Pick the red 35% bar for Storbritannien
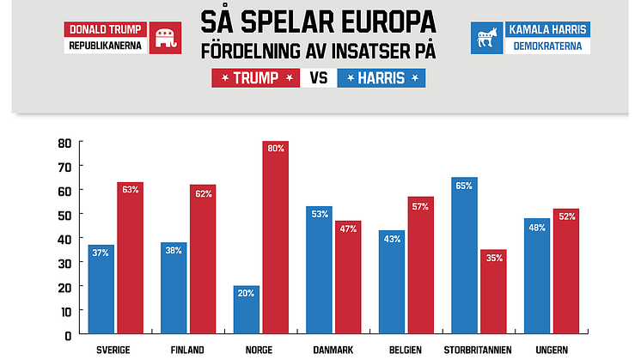pos(493,291)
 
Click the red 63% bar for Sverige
pos(130,258)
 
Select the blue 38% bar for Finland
pos(174,288)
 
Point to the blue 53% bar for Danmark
pos(319,270)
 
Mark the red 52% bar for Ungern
pos(566,271)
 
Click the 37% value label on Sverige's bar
pos(101,253)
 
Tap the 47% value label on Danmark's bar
pos(348,229)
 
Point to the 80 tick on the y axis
pos(64,143)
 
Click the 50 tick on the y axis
pos(64,214)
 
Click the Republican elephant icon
pos(164,39)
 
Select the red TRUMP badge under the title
pos(255,78)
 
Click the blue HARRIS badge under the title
pos(382,78)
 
